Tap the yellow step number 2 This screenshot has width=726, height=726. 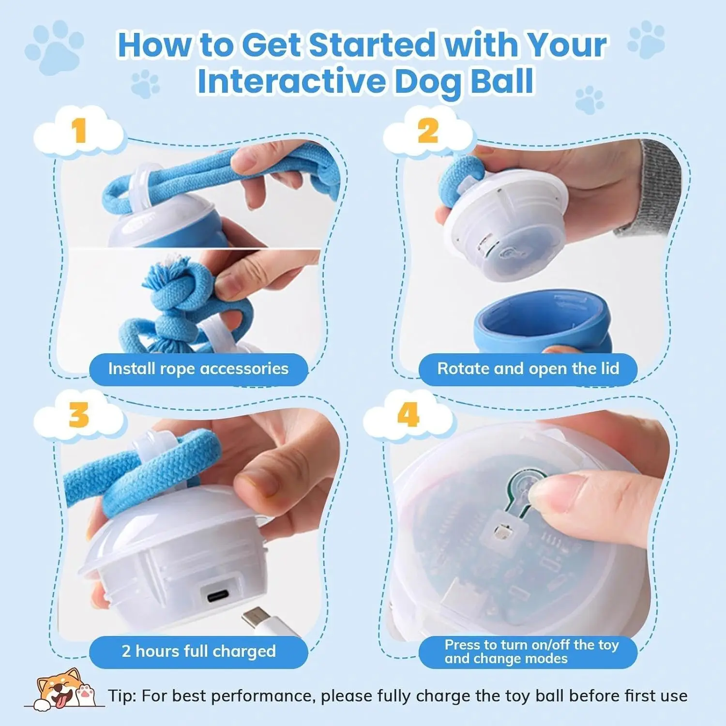[428, 131]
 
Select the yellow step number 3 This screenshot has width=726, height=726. [78, 415]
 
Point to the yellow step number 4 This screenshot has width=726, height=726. [408, 415]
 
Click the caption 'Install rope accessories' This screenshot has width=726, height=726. [198, 369]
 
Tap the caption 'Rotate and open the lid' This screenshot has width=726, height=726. [528, 369]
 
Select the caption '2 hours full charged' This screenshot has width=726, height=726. [198, 651]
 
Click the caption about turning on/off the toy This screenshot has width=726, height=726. [531, 651]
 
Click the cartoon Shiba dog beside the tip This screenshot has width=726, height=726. [60, 689]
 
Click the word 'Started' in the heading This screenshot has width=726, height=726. [372, 45]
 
